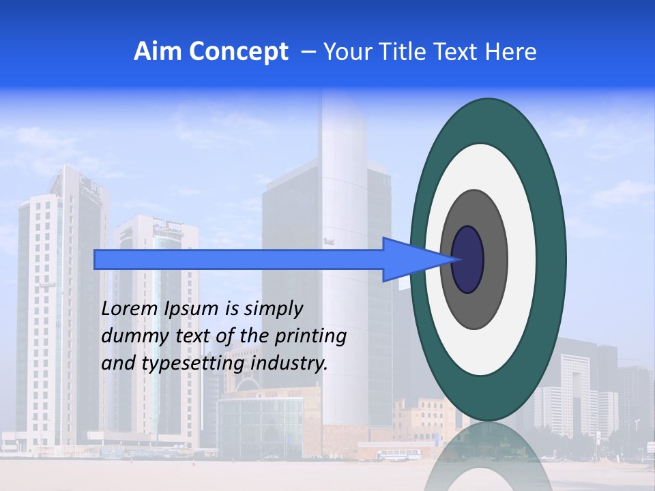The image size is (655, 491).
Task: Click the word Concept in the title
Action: [239, 52]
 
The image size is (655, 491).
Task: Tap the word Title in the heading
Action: [422, 52]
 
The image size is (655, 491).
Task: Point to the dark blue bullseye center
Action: [468, 260]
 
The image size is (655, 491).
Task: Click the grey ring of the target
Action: [494, 260]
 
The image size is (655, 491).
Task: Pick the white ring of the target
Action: [521, 260]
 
